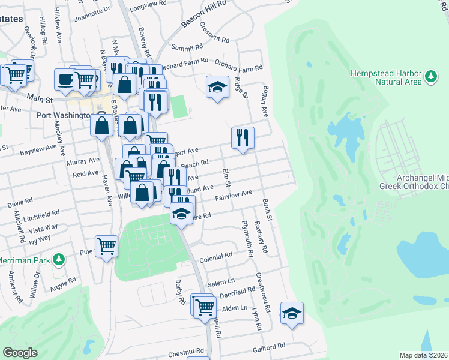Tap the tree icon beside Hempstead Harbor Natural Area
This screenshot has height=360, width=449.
(430, 77)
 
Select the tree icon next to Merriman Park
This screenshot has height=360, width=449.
(58, 259)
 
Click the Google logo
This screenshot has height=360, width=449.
(20, 353)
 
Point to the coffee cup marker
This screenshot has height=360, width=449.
(65, 79)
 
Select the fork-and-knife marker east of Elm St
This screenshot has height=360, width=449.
(243, 137)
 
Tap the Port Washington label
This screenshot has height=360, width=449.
(62, 115)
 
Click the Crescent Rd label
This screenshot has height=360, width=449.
(215, 32)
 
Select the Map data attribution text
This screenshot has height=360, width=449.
(424, 355)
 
